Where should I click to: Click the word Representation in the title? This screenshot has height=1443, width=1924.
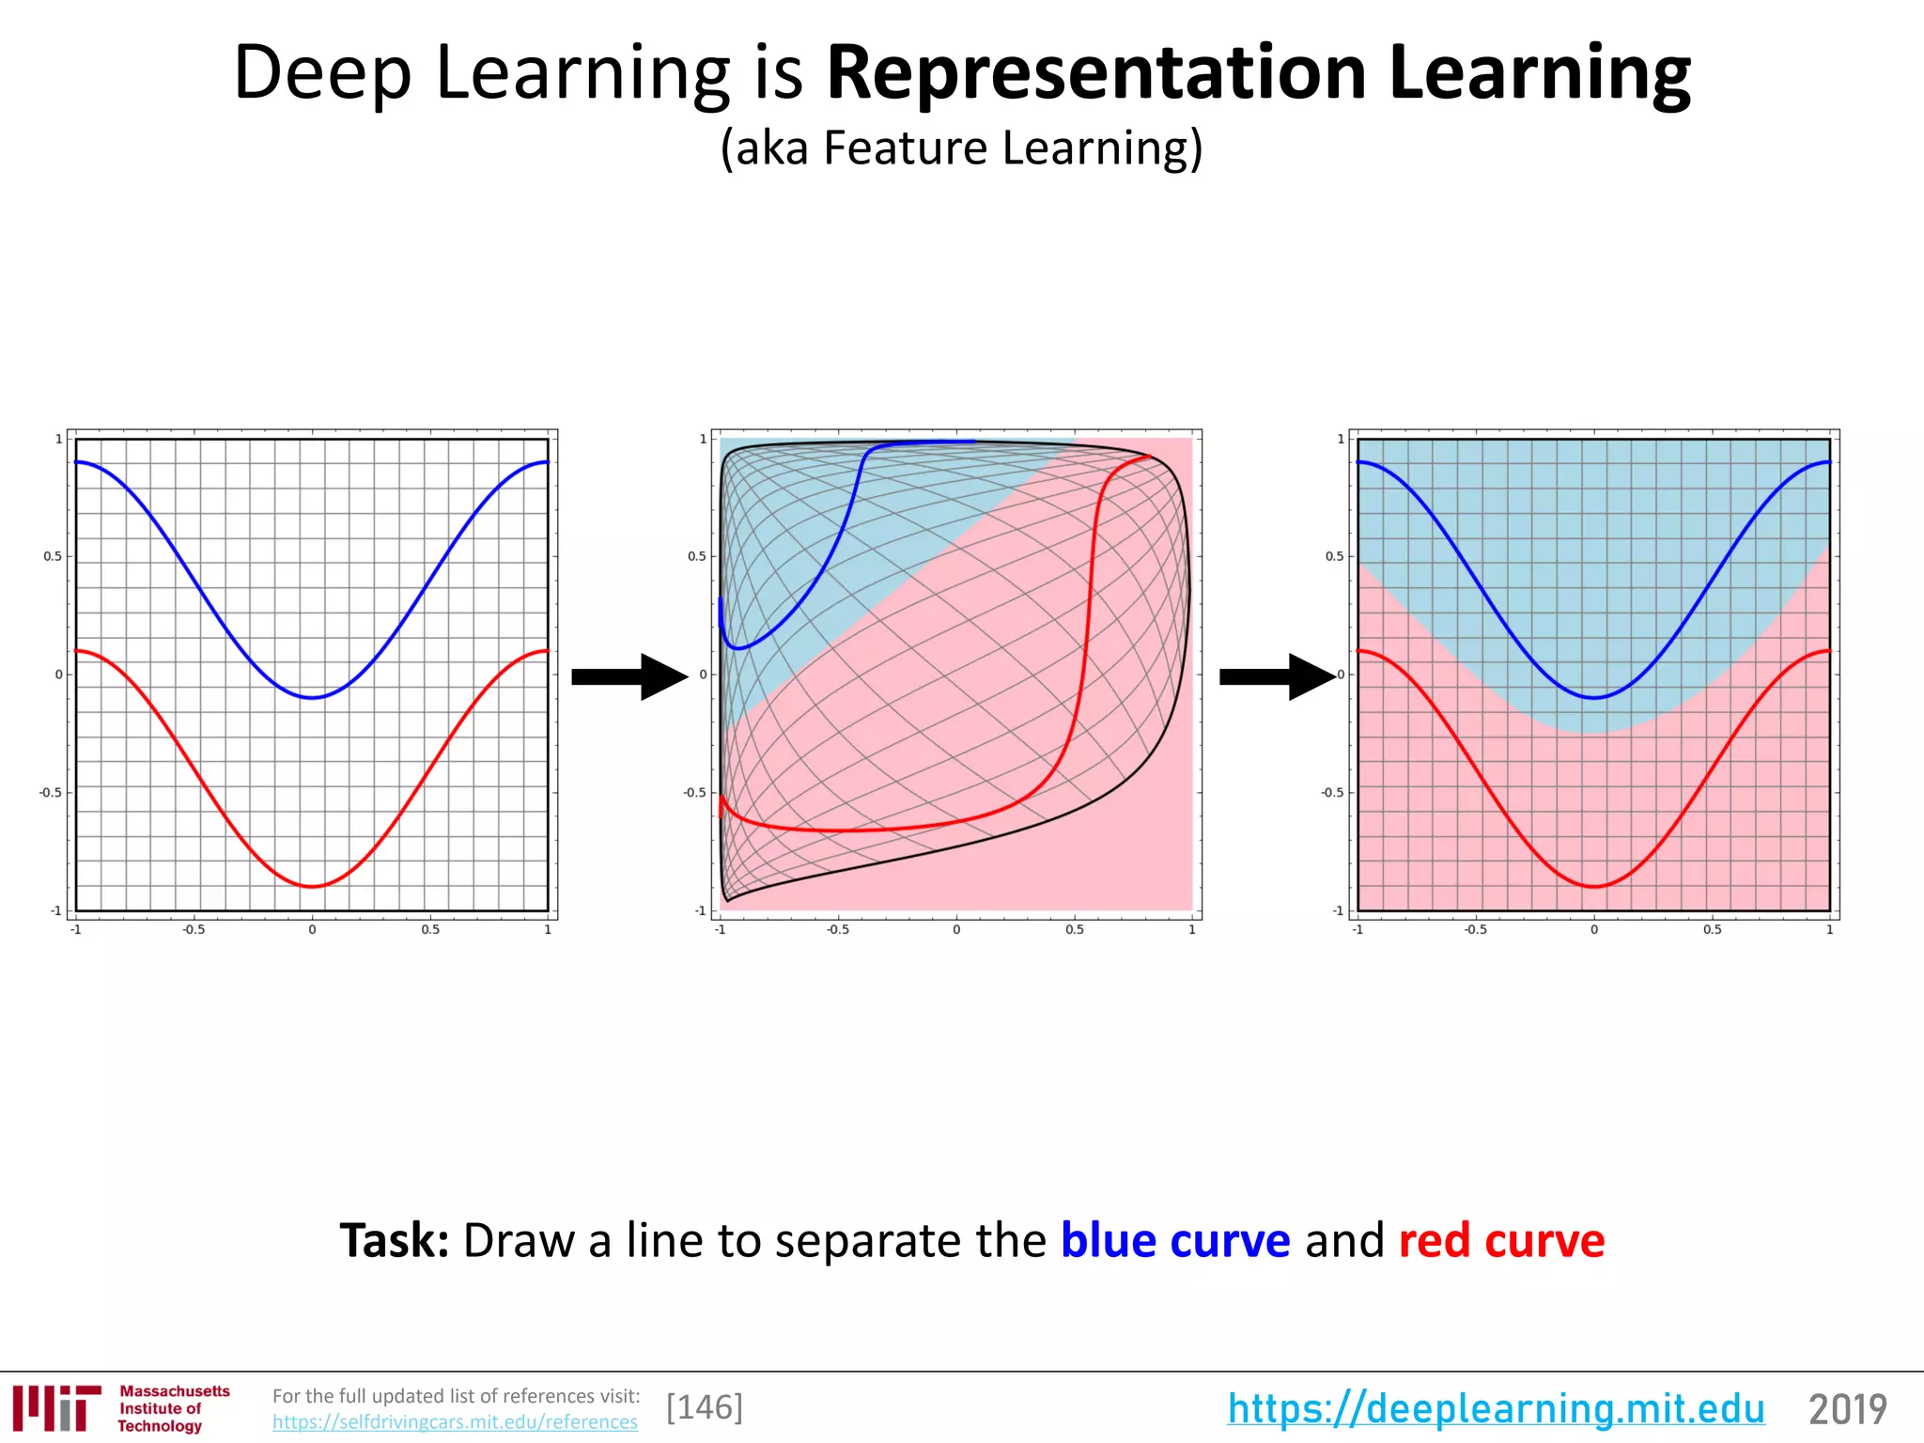(x=1095, y=73)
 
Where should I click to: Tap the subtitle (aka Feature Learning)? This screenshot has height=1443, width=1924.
(x=961, y=148)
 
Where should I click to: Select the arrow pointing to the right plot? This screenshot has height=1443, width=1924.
(x=1277, y=676)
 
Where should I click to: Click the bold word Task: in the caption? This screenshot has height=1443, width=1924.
(x=395, y=1240)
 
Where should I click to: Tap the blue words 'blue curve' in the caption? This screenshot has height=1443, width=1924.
(x=1175, y=1240)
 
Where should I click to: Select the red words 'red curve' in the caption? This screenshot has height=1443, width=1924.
(x=1501, y=1240)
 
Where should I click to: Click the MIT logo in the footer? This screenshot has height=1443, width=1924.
(x=56, y=1408)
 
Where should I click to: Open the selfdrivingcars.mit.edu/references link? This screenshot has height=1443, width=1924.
(x=455, y=1422)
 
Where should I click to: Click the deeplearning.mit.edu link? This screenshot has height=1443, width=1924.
(x=1496, y=1408)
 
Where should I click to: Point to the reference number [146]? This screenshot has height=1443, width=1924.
(x=705, y=1407)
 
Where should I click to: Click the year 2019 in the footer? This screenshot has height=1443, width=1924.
(x=1848, y=1409)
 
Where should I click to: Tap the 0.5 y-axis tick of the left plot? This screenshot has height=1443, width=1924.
(x=53, y=556)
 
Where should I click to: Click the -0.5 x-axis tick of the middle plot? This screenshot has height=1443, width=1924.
(x=837, y=930)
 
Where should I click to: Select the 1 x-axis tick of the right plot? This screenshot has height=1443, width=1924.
(x=1829, y=930)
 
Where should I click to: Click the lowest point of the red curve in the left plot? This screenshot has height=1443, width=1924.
(x=313, y=886)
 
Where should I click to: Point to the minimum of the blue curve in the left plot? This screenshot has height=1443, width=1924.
(x=313, y=697)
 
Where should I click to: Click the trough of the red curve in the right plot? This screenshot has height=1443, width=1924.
(x=1594, y=886)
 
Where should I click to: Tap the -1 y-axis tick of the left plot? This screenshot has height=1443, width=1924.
(x=55, y=910)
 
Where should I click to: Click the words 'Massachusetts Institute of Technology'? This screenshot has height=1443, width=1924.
(x=174, y=1408)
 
